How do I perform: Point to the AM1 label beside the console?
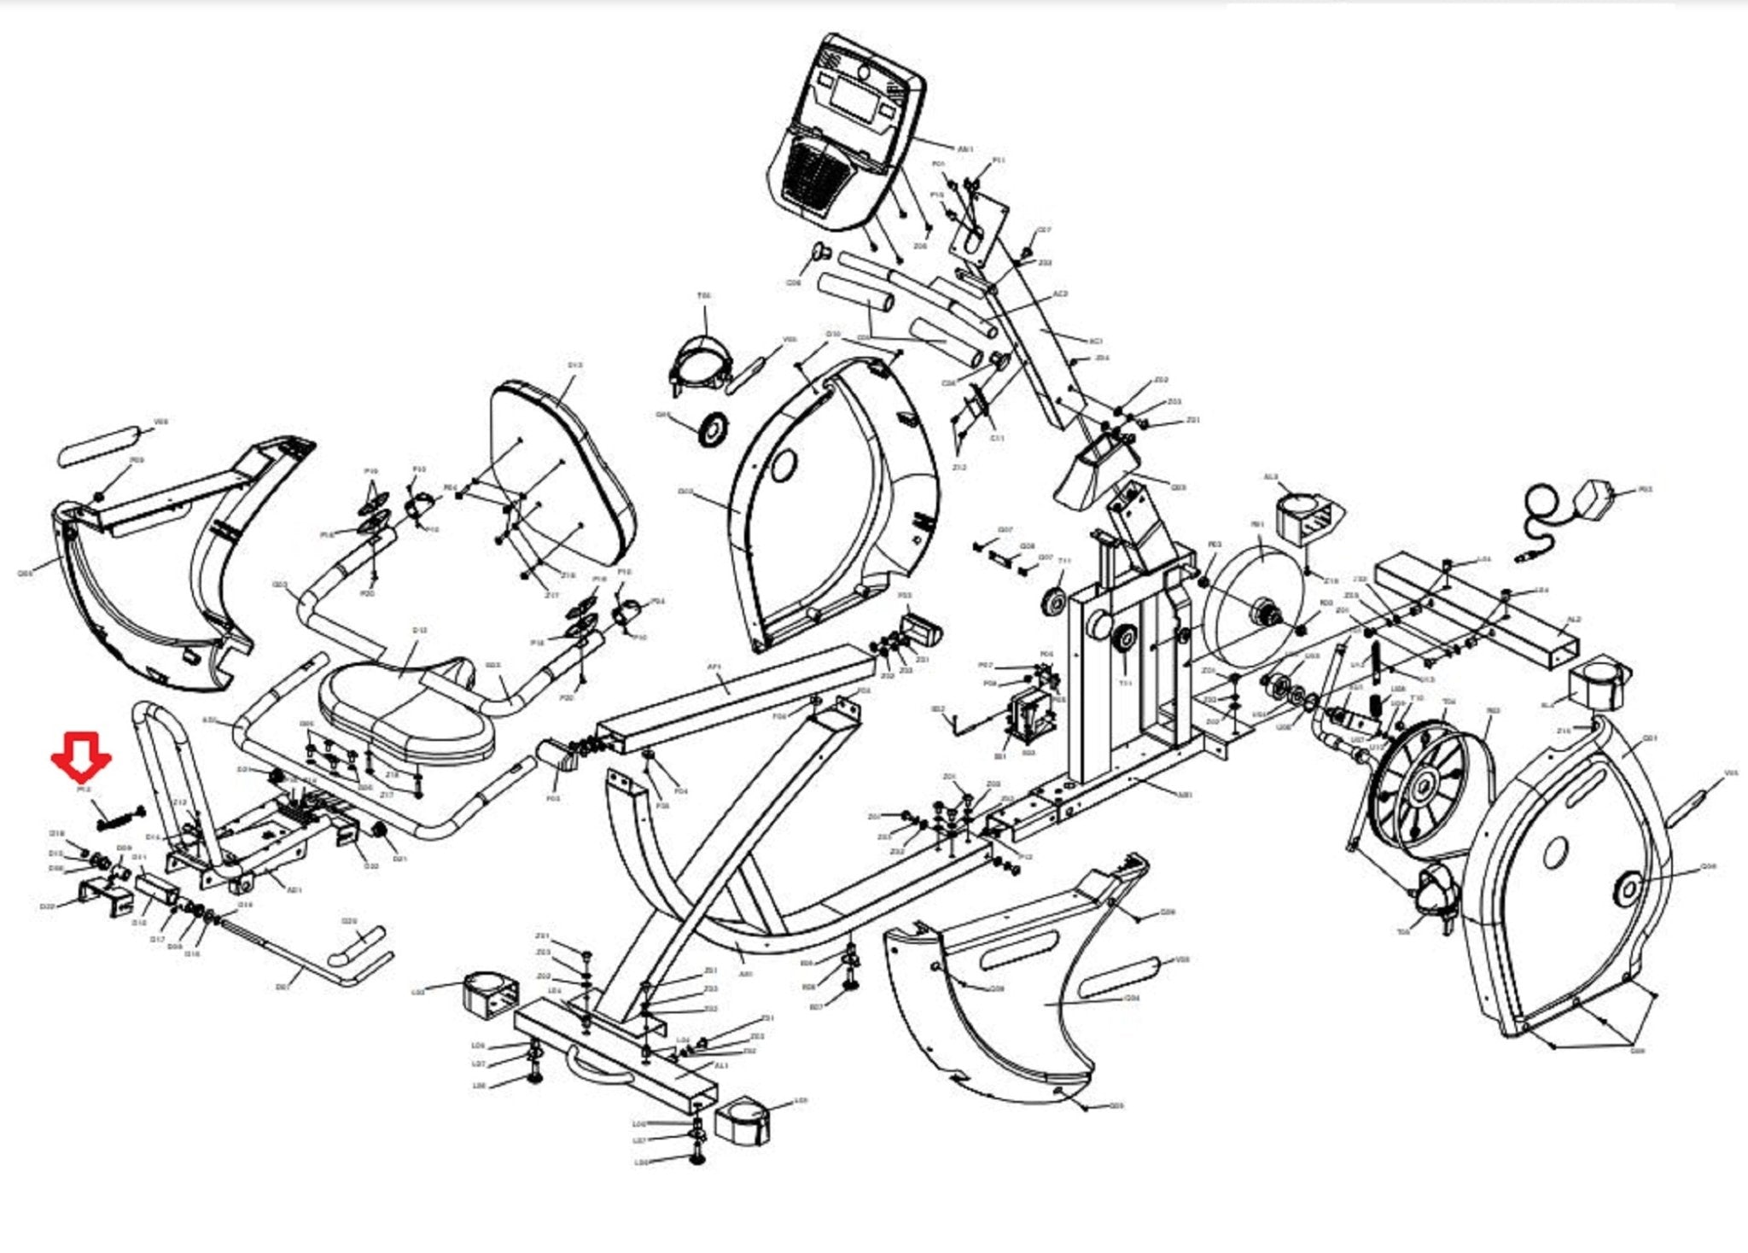point(965,149)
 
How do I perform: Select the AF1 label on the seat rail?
point(715,667)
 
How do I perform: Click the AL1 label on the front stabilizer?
point(721,1066)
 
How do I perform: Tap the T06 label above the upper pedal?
point(704,296)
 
